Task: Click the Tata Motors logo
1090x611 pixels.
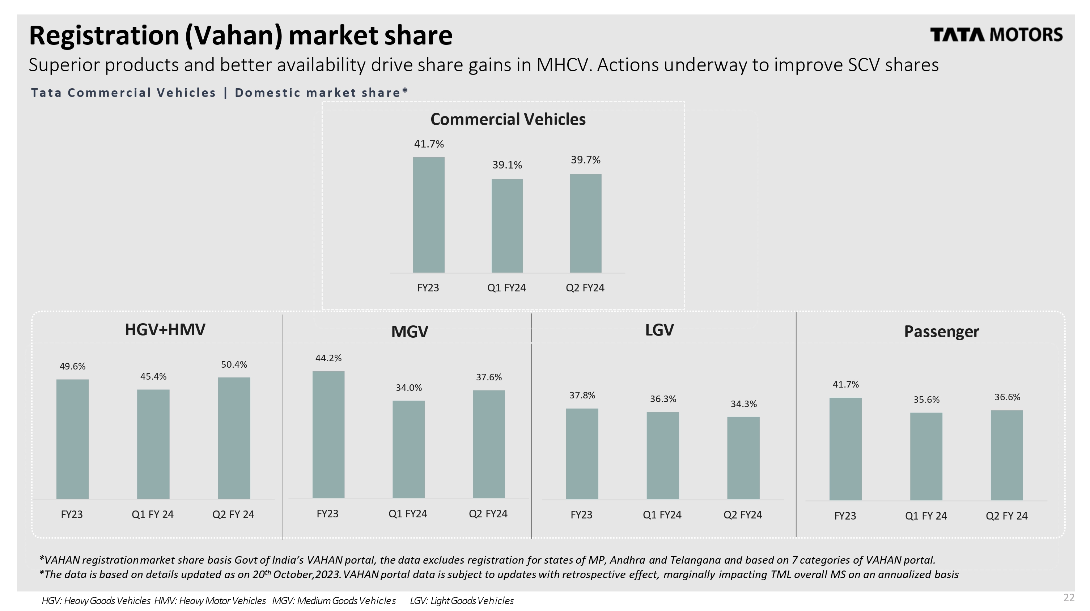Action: click(996, 35)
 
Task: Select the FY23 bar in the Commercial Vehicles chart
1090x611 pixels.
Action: click(429, 215)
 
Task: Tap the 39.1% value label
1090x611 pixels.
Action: click(507, 165)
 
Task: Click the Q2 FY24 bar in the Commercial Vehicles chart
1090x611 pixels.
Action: click(586, 223)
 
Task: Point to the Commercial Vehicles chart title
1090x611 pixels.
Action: click(508, 119)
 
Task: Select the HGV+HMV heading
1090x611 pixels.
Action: click(165, 330)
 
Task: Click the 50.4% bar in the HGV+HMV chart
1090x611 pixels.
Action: click(234, 438)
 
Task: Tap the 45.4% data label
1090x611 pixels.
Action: click(153, 376)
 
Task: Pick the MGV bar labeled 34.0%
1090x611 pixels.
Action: click(409, 449)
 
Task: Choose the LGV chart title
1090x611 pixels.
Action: click(659, 330)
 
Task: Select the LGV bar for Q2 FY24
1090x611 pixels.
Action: click(743, 458)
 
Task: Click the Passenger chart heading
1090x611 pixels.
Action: click(941, 332)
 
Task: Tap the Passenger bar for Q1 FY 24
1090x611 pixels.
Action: click(926, 456)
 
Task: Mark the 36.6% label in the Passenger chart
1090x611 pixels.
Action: click(1007, 397)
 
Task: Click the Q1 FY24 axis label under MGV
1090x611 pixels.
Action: click(408, 514)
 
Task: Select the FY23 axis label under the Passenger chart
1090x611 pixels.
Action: click(845, 516)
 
